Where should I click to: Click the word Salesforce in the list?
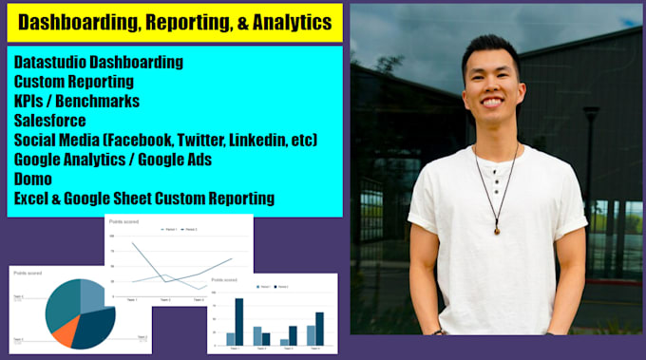click(x=48, y=121)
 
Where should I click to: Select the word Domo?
click(x=35, y=178)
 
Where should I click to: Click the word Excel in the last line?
click(x=35, y=198)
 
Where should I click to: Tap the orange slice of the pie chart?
click(x=66, y=330)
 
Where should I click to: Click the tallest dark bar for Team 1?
click(x=239, y=322)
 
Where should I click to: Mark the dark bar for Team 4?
click(x=319, y=328)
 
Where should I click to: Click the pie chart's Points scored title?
click(x=29, y=273)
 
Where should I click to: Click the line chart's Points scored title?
click(x=123, y=219)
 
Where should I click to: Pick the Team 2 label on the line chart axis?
click(x=165, y=300)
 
